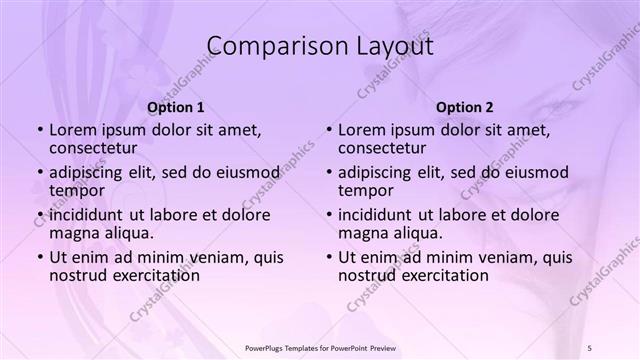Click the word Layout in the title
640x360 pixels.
click(392, 46)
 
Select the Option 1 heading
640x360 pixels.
click(176, 107)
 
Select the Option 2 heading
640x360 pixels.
click(464, 107)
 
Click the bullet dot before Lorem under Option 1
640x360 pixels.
click(39, 130)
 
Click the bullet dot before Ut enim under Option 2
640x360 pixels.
click(328, 256)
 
